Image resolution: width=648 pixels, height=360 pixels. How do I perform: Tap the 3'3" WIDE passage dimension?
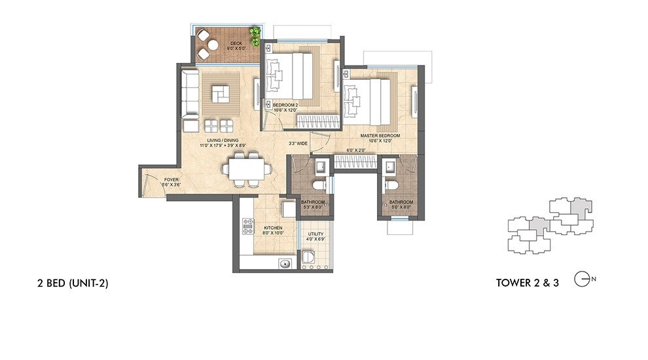point(298,143)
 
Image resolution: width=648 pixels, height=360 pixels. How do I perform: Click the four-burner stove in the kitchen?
point(249,226)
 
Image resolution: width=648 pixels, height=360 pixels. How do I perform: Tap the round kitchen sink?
point(284,263)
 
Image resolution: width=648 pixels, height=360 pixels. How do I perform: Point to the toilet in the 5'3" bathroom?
point(319,186)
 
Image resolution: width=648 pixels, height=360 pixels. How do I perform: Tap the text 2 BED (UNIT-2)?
point(73,283)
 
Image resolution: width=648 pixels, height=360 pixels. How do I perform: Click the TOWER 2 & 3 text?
point(528,283)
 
